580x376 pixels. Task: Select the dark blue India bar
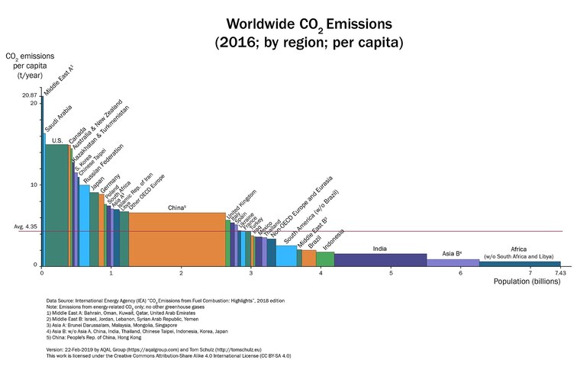(x=380, y=259)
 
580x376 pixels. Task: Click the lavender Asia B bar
(x=453, y=262)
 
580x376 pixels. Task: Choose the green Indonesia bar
(x=325, y=259)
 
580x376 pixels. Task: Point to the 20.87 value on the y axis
(x=29, y=95)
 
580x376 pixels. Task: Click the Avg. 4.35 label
(x=26, y=227)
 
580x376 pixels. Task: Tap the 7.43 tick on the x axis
(x=559, y=272)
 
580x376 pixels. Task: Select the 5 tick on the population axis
(x=391, y=272)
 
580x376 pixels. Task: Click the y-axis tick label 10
(x=33, y=185)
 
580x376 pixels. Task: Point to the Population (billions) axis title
(x=530, y=282)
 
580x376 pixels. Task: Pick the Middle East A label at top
(x=59, y=79)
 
